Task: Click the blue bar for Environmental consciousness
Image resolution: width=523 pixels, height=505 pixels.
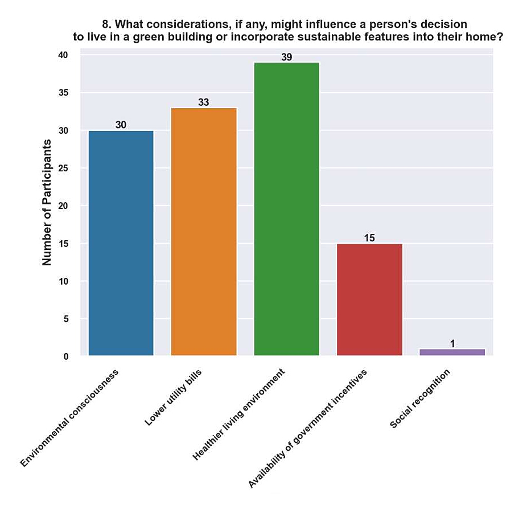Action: [x=121, y=243]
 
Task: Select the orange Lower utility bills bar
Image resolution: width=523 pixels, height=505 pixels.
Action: [x=204, y=232]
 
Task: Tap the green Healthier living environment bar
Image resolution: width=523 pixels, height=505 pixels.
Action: [x=286, y=209]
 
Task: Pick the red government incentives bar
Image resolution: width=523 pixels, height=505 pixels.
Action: [x=369, y=299]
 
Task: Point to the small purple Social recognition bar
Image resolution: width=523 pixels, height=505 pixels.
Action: [x=452, y=352]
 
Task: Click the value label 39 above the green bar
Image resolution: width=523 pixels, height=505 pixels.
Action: [x=286, y=58]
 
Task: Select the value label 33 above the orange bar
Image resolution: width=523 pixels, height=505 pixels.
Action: [x=204, y=102]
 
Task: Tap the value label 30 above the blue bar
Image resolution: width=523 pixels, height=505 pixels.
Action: [x=121, y=125]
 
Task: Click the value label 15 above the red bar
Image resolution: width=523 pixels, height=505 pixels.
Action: [x=369, y=238]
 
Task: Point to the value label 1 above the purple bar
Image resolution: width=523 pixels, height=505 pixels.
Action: [x=452, y=343]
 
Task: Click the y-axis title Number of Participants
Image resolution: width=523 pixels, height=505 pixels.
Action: [x=47, y=203]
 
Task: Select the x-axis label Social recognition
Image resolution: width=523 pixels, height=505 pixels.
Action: [x=420, y=399]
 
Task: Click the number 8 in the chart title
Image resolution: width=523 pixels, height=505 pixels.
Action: [x=105, y=25]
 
